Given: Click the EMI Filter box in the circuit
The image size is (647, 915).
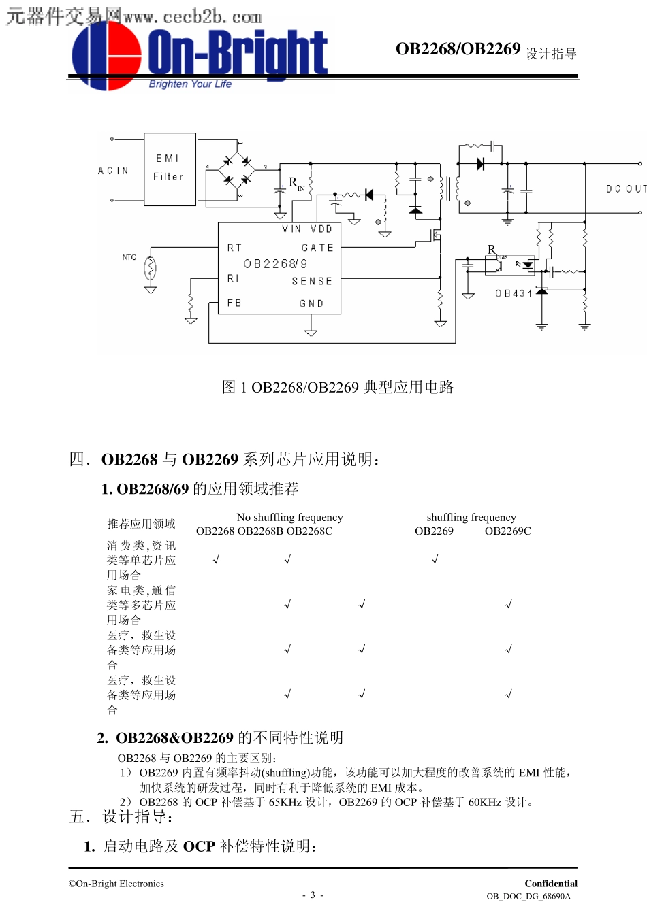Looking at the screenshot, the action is click(x=170, y=169).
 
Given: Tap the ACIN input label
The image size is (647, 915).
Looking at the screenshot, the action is click(x=113, y=171).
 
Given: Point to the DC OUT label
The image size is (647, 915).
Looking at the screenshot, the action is click(x=625, y=188).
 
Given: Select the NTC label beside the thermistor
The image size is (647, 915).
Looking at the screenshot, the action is click(x=129, y=257).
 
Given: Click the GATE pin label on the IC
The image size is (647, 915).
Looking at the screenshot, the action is click(x=317, y=248).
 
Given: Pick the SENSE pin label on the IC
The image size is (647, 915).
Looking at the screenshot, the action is click(x=312, y=281).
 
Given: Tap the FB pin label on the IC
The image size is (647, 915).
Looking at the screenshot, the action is click(x=234, y=303).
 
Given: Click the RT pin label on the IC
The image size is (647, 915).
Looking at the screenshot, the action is click(x=234, y=248).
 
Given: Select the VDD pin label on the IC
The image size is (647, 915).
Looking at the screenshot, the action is click(x=321, y=229).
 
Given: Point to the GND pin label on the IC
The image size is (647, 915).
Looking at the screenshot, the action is click(x=311, y=303).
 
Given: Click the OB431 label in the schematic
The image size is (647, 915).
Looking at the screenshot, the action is click(x=513, y=294).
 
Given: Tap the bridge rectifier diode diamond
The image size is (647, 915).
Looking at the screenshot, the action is click(x=236, y=171).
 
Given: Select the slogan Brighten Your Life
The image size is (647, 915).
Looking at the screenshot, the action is click(x=190, y=84).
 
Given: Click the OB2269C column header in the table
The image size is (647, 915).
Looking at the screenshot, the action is click(x=507, y=531).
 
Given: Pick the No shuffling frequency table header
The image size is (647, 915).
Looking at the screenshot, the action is click(x=289, y=518).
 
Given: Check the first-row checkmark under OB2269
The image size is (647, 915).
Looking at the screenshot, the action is click(x=435, y=560).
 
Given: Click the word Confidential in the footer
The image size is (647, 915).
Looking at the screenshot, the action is click(x=550, y=884).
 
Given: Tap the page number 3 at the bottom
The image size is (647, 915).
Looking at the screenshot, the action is click(x=313, y=895).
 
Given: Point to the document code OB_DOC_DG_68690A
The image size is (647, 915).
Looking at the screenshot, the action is click(x=528, y=897).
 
